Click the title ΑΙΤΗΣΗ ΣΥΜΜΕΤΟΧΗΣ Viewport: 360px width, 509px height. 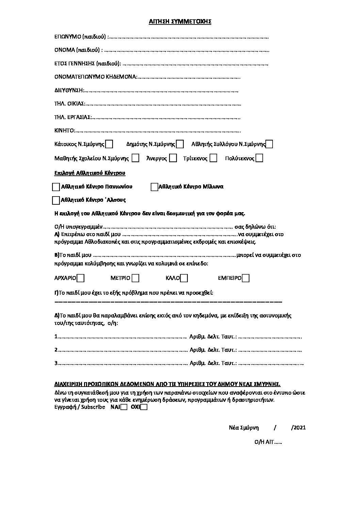180,21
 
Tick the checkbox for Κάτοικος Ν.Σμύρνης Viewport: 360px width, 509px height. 109,145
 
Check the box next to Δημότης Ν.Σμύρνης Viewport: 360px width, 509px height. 180,145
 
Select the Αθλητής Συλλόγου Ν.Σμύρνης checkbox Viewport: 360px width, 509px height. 269,145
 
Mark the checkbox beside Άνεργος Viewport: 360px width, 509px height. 173,158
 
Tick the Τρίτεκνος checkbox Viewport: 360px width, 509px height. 213,158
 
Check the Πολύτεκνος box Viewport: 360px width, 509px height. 259,158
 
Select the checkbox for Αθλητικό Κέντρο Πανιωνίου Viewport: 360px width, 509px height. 56,187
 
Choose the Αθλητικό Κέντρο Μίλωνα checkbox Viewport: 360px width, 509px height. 154,187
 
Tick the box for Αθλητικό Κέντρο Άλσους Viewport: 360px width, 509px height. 56,201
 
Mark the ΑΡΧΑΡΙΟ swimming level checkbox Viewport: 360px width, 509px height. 81,278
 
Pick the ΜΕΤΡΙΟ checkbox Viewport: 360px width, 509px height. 135,278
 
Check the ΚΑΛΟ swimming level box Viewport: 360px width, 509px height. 184,278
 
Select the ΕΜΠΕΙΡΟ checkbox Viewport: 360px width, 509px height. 246,278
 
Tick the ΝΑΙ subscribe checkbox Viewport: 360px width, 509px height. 124,407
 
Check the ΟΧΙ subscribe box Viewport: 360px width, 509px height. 144,407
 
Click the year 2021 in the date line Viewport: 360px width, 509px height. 299,428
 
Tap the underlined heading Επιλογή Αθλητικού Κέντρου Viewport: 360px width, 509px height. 90,173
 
